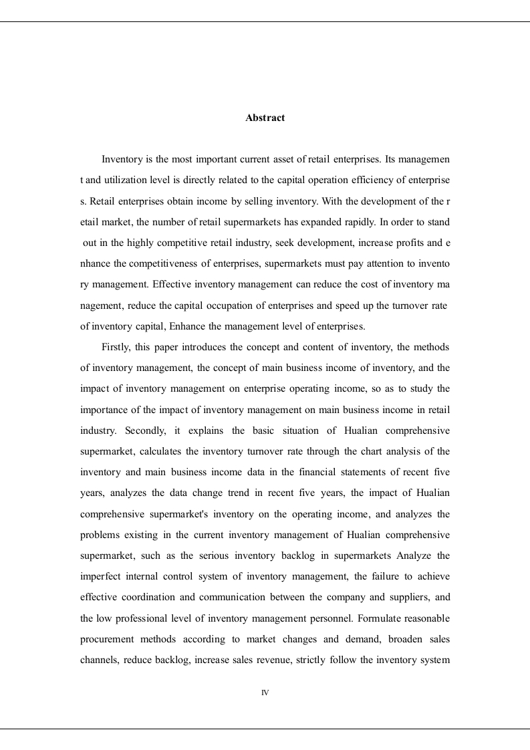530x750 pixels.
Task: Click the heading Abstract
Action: point(265,118)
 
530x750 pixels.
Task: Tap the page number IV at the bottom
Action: point(265,693)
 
